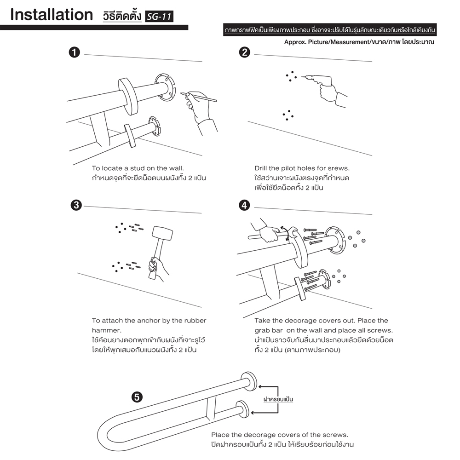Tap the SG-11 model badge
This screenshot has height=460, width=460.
(x=159, y=17)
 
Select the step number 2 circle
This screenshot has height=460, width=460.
(x=245, y=52)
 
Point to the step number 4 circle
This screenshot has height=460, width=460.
(x=245, y=205)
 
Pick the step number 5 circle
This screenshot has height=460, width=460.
(x=137, y=397)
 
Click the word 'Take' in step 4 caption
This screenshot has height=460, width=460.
(x=263, y=321)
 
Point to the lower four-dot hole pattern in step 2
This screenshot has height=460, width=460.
(x=288, y=115)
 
